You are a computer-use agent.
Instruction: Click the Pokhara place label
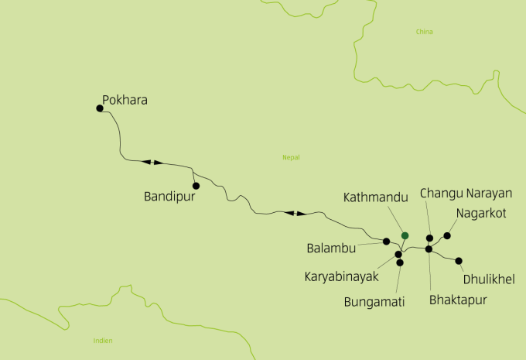(125, 100)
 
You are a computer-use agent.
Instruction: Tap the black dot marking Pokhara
(100, 108)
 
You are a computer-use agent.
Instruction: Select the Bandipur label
(167, 197)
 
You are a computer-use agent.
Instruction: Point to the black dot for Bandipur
(196, 186)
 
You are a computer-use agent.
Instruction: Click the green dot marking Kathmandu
(405, 235)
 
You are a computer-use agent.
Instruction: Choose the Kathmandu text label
(375, 198)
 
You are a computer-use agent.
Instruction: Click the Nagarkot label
(481, 213)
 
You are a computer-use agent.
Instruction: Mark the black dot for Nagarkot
(447, 235)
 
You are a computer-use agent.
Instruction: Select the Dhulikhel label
(488, 279)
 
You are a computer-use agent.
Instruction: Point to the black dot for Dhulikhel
(459, 261)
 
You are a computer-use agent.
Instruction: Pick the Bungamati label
(374, 302)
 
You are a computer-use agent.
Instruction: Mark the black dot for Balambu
(386, 242)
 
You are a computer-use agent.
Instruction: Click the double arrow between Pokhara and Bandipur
(152, 163)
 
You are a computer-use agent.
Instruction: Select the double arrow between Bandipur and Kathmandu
(295, 213)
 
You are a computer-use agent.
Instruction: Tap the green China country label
(424, 32)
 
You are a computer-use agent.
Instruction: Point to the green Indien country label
(102, 340)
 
